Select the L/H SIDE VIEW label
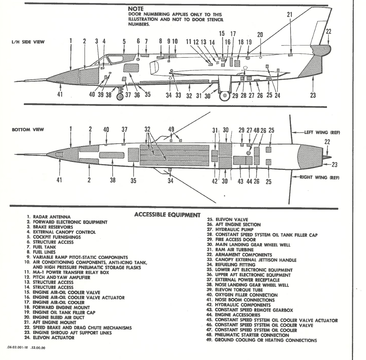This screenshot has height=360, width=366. (x=29, y=42)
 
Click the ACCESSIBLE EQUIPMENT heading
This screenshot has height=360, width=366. (x=167, y=215)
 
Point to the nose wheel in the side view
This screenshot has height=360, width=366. (x=120, y=96)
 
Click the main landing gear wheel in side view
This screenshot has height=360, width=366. (x=225, y=96)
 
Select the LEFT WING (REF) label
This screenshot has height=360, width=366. (x=322, y=132)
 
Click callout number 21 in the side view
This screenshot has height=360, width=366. (x=289, y=15)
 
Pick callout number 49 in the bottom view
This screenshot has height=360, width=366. (x=171, y=129)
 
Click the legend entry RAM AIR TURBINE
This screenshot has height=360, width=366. (x=234, y=250)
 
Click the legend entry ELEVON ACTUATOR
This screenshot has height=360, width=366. (x=53, y=338)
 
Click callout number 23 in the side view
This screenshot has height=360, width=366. (x=313, y=95)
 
